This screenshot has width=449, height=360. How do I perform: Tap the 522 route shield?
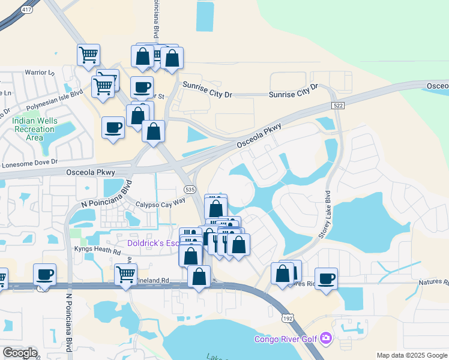pos(338,106)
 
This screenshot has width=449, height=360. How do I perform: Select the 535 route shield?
pos(190,189)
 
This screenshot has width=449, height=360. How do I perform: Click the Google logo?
pos(20,353)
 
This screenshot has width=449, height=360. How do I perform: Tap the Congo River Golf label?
pos(285,339)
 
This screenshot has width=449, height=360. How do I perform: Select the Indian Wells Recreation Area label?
pos(35,129)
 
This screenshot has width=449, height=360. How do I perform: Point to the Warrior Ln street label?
pos(39,73)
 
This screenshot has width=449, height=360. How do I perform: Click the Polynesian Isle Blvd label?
pos(56,98)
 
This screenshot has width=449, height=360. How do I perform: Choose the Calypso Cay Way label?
pos(160,204)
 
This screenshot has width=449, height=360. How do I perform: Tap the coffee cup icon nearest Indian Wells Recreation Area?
pos(113,127)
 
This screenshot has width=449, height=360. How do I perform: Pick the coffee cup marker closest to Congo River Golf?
pos(326,278)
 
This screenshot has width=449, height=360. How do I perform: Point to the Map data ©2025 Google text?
pos(411,355)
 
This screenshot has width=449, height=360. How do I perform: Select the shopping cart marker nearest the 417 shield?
pos(88,55)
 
